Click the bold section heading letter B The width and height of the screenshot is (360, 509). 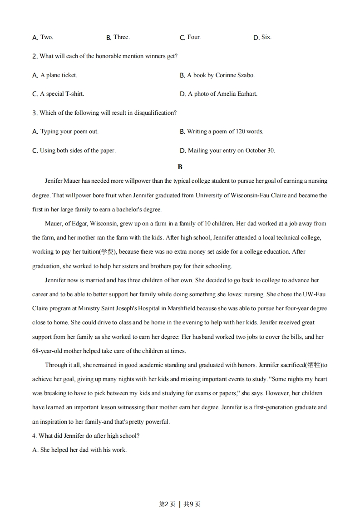(180, 167)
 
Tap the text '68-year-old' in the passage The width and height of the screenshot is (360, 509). (48, 351)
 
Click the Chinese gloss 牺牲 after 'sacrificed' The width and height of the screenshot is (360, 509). (313, 365)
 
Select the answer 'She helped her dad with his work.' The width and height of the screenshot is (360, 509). (79, 450)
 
